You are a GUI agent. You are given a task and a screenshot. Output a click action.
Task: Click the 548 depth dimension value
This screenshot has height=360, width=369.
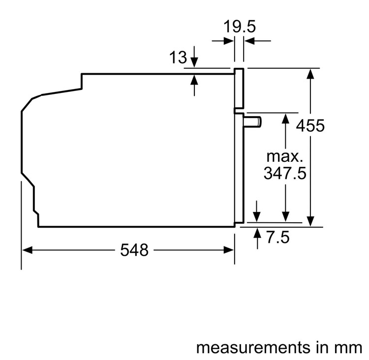pos(134,250)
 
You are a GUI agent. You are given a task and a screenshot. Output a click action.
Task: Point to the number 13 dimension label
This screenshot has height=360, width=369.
pos(179,58)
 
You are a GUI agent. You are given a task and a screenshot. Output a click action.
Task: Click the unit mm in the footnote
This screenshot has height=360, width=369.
pos(346,347)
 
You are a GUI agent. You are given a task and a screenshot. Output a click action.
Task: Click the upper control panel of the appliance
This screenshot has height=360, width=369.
pos(239,88)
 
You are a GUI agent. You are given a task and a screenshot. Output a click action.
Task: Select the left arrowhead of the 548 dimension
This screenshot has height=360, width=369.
pos(28,250)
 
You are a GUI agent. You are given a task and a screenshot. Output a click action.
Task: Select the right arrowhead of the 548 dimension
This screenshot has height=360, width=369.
pos(229,250)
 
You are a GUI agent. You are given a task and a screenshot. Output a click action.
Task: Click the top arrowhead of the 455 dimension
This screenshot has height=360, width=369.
pos(310,73)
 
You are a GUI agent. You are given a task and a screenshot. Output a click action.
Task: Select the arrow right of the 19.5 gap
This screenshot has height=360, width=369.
pos(250,41)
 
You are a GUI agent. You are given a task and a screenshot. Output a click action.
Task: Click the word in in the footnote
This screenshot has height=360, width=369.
pos(320,347)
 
